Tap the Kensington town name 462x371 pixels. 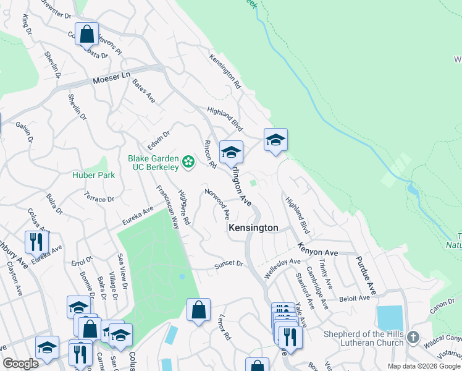[x=253, y=228]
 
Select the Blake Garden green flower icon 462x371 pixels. [x=188, y=163]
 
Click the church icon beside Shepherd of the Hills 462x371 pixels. [x=413, y=338]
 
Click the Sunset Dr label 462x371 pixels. [x=229, y=263]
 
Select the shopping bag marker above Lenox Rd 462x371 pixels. [x=198, y=310]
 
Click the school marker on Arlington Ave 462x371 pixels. [x=231, y=152]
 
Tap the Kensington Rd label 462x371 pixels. [x=224, y=69]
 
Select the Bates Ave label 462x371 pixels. [x=143, y=95]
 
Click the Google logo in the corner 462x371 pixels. [x=20, y=363]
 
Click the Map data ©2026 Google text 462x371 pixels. [x=423, y=366]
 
